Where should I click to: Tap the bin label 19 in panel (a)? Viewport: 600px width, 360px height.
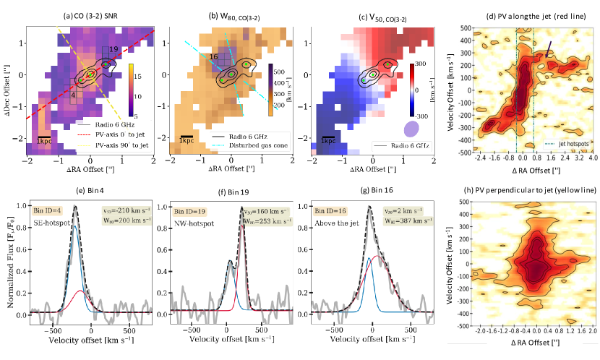[x=112, y=48]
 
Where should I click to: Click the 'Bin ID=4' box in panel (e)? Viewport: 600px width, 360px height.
[x=50, y=210]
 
